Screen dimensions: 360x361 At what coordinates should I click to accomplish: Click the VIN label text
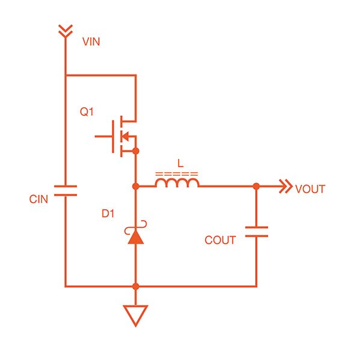point(91,43)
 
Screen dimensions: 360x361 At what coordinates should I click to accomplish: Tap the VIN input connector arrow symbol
point(64,31)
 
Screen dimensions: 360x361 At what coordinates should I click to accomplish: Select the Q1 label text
point(88,113)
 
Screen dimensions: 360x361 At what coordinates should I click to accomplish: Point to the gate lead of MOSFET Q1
point(103,136)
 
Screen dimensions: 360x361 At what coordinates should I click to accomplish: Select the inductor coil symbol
point(177,182)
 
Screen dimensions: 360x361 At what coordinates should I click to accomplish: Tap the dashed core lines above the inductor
point(177,174)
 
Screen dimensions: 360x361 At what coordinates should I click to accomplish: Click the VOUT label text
point(310,189)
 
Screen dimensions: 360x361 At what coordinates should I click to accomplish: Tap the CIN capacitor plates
point(64,191)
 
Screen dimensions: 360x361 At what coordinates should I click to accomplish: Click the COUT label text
point(220,240)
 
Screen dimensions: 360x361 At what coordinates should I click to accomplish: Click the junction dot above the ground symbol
point(136,286)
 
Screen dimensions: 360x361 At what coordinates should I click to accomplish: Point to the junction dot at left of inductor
point(136,187)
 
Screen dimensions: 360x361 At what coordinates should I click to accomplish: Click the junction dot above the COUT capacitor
point(256,187)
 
